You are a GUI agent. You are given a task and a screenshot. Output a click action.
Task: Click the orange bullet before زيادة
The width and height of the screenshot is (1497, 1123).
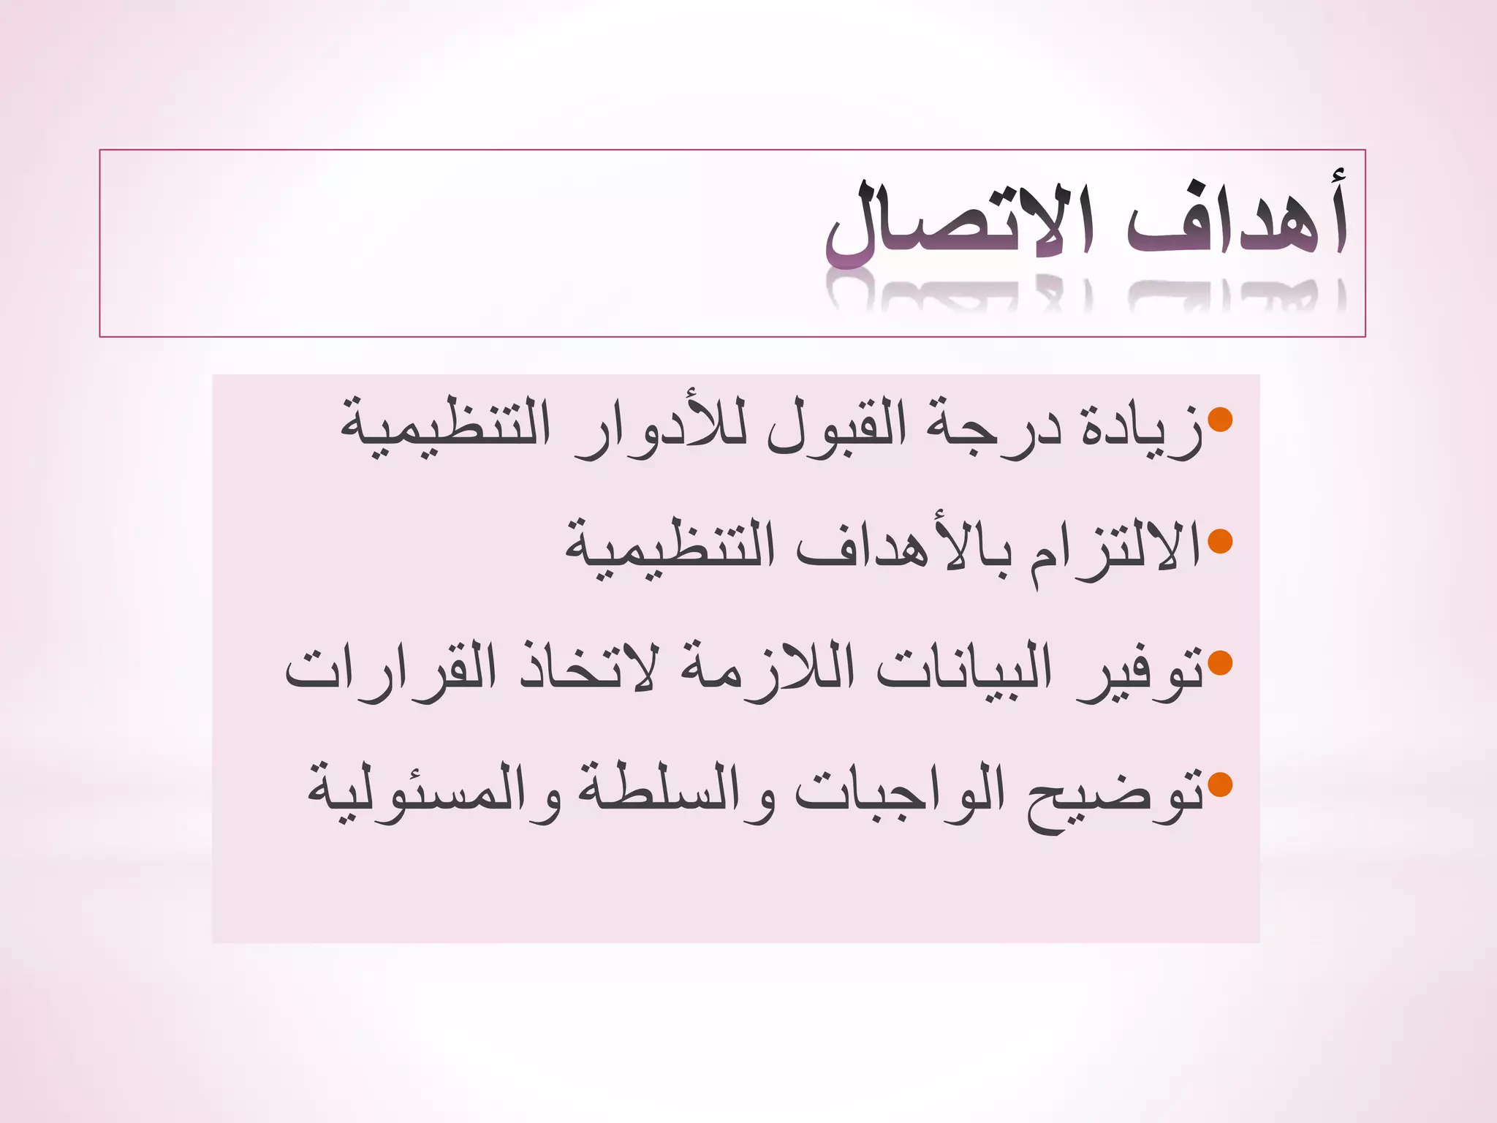(x=1220, y=420)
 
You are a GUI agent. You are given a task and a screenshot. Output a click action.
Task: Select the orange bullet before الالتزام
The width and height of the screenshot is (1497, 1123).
(x=1220, y=542)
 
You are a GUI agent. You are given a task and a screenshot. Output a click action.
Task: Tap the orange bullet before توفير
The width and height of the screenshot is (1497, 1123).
(x=1220, y=663)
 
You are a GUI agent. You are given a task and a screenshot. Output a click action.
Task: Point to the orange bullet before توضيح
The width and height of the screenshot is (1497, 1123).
(x=1220, y=785)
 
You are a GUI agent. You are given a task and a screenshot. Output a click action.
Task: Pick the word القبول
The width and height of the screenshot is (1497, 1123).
(x=837, y=428)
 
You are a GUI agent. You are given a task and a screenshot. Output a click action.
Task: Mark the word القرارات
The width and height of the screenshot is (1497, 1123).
(x=391, y=669)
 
